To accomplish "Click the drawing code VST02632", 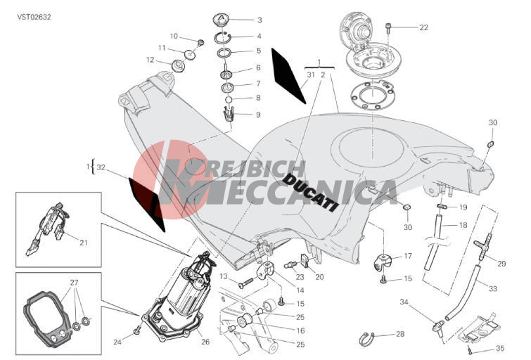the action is tap(34, 18).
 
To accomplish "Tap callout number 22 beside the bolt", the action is tap(423, 27).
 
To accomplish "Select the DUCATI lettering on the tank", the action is tap(310, 193).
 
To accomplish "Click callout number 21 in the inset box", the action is tap(83, 243).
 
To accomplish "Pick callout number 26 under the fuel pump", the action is tap(205, 342).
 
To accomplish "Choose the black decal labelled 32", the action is tap(146, 204).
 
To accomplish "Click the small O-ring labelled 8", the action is tap(229, 100).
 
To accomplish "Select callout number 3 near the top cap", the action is tap(260, 20).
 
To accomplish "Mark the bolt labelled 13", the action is tap(246, 283).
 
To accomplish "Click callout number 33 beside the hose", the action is tap(493, 288).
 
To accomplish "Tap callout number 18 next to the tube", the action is tap(463, 225).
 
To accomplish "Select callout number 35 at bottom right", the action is tap(500, 348).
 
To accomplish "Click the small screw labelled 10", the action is tap(200, 43).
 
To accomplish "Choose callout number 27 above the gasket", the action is tap(74, 283).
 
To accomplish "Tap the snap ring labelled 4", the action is tap(222, 37).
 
